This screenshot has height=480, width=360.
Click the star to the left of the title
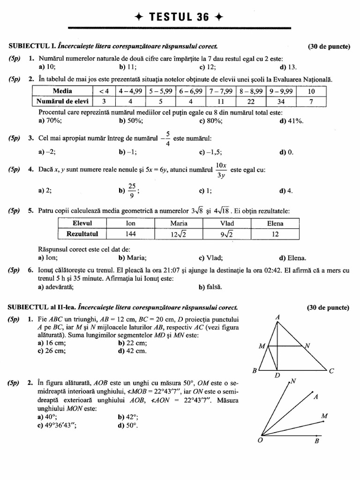click(138, 17)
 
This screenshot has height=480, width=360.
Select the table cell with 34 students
click(280, 101)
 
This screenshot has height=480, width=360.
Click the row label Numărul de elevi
click(63, 101)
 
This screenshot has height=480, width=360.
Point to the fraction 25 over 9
click(131, 190)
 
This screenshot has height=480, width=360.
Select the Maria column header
click(179, 224)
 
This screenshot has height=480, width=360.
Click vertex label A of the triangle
click(277, 317)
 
